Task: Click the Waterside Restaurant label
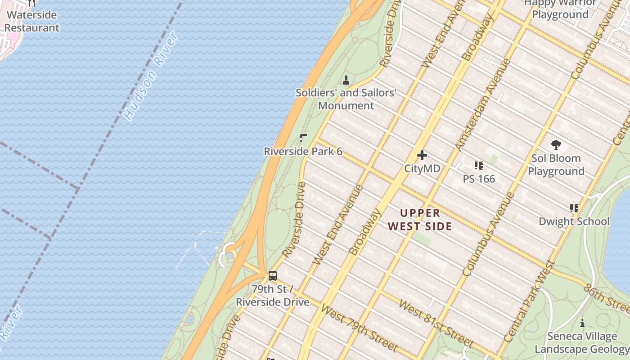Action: tap(31, 21)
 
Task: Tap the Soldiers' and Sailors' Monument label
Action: tap(346, 99)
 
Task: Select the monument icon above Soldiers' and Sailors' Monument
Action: tap(346, 81)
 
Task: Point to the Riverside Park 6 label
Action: tap(303, 152)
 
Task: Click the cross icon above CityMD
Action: tap(422, 155)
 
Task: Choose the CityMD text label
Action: tap(422, 169)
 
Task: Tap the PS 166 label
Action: tap(479, 179)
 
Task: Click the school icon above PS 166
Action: tap(478, 166)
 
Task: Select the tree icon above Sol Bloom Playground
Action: tap(556, 145)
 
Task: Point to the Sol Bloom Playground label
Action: tap(556, 165)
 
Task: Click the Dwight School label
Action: tap(574, 221)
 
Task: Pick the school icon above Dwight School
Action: tap(574, 208)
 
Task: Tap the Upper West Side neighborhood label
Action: tap(420, 220)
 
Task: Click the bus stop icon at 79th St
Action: tap(273, 276)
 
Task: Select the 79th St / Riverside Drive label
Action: tap(273, 295)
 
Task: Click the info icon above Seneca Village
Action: tap(582, 323)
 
